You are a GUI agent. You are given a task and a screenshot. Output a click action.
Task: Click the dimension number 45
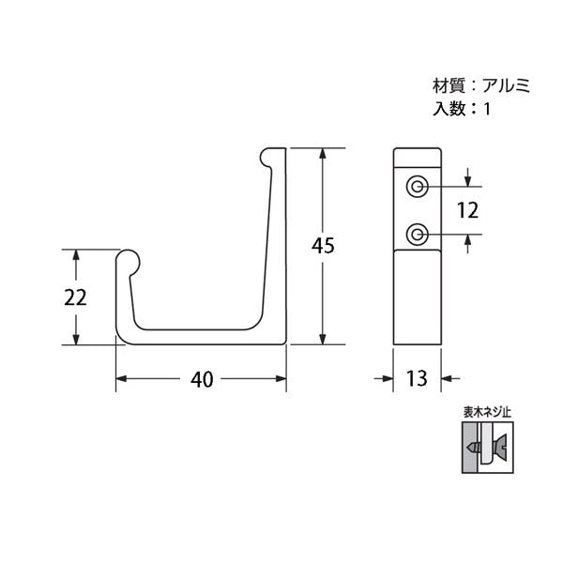323,246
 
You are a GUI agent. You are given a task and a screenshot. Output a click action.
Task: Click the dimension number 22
75,297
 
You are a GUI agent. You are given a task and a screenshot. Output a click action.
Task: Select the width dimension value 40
202,379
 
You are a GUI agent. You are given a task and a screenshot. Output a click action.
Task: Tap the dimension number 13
417,378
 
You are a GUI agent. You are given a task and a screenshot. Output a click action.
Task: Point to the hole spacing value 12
468,210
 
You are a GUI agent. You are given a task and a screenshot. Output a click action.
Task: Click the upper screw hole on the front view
417,187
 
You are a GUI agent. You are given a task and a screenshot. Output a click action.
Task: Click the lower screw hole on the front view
417,235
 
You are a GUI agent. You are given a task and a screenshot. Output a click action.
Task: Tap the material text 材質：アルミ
481,86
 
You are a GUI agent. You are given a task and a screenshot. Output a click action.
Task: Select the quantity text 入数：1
462,108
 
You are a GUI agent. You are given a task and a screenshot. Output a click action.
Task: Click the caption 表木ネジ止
487,413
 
